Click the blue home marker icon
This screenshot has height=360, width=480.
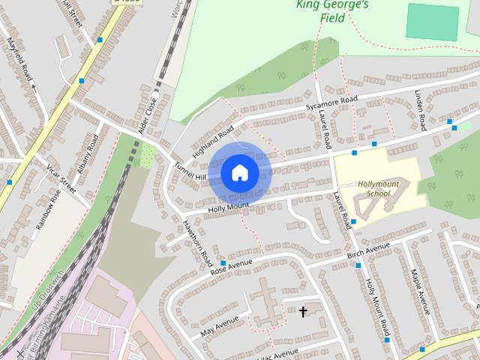239,172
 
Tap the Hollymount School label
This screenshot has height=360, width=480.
373,188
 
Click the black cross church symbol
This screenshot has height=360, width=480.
303,310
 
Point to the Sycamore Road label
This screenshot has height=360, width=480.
331,103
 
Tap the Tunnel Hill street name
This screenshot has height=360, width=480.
190,172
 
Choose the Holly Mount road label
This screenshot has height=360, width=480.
229,207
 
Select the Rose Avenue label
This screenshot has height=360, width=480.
232,265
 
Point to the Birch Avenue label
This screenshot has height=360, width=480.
369,250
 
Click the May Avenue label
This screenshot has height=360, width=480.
219,325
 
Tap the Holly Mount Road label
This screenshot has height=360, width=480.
377,307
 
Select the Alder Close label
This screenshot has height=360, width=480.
147,117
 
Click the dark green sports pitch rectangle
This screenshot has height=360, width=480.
432,21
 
